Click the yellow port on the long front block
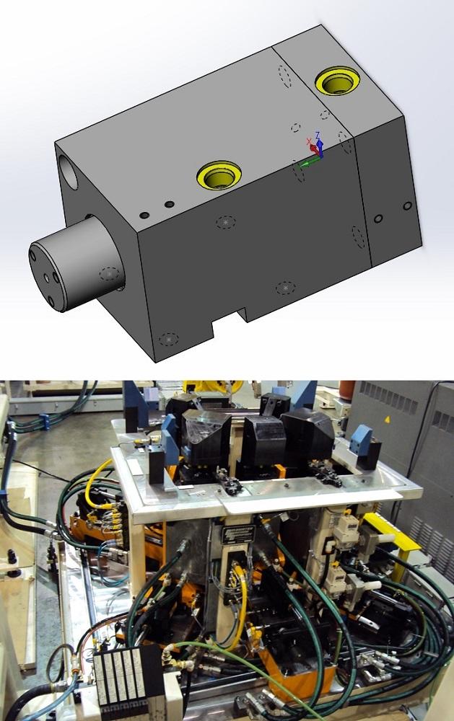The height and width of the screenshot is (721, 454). click(219, 174)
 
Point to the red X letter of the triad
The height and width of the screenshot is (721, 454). click(309, 140)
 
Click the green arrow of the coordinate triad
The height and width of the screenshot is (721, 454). click(307, 164)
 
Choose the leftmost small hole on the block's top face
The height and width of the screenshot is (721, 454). click(144, 215)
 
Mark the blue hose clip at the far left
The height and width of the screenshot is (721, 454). click(43, 418)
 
